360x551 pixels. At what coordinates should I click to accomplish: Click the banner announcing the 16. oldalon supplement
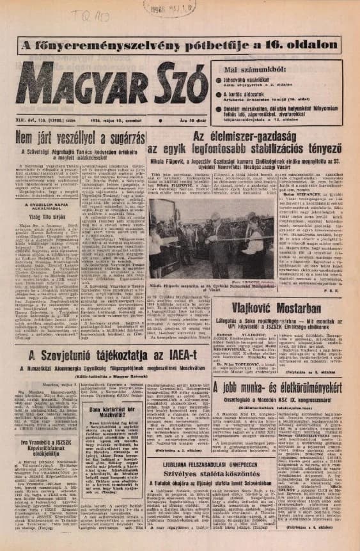coord(180,45)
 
